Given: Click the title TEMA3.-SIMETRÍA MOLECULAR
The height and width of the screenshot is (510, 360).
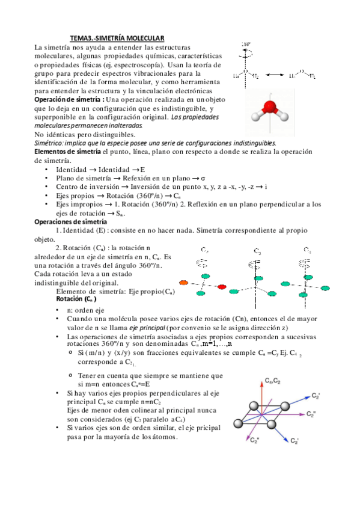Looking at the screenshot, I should click(117, 38).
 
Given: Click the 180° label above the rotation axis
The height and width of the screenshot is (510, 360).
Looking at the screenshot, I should click(246, 45).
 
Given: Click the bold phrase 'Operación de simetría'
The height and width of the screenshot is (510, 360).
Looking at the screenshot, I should click(69, 99).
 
